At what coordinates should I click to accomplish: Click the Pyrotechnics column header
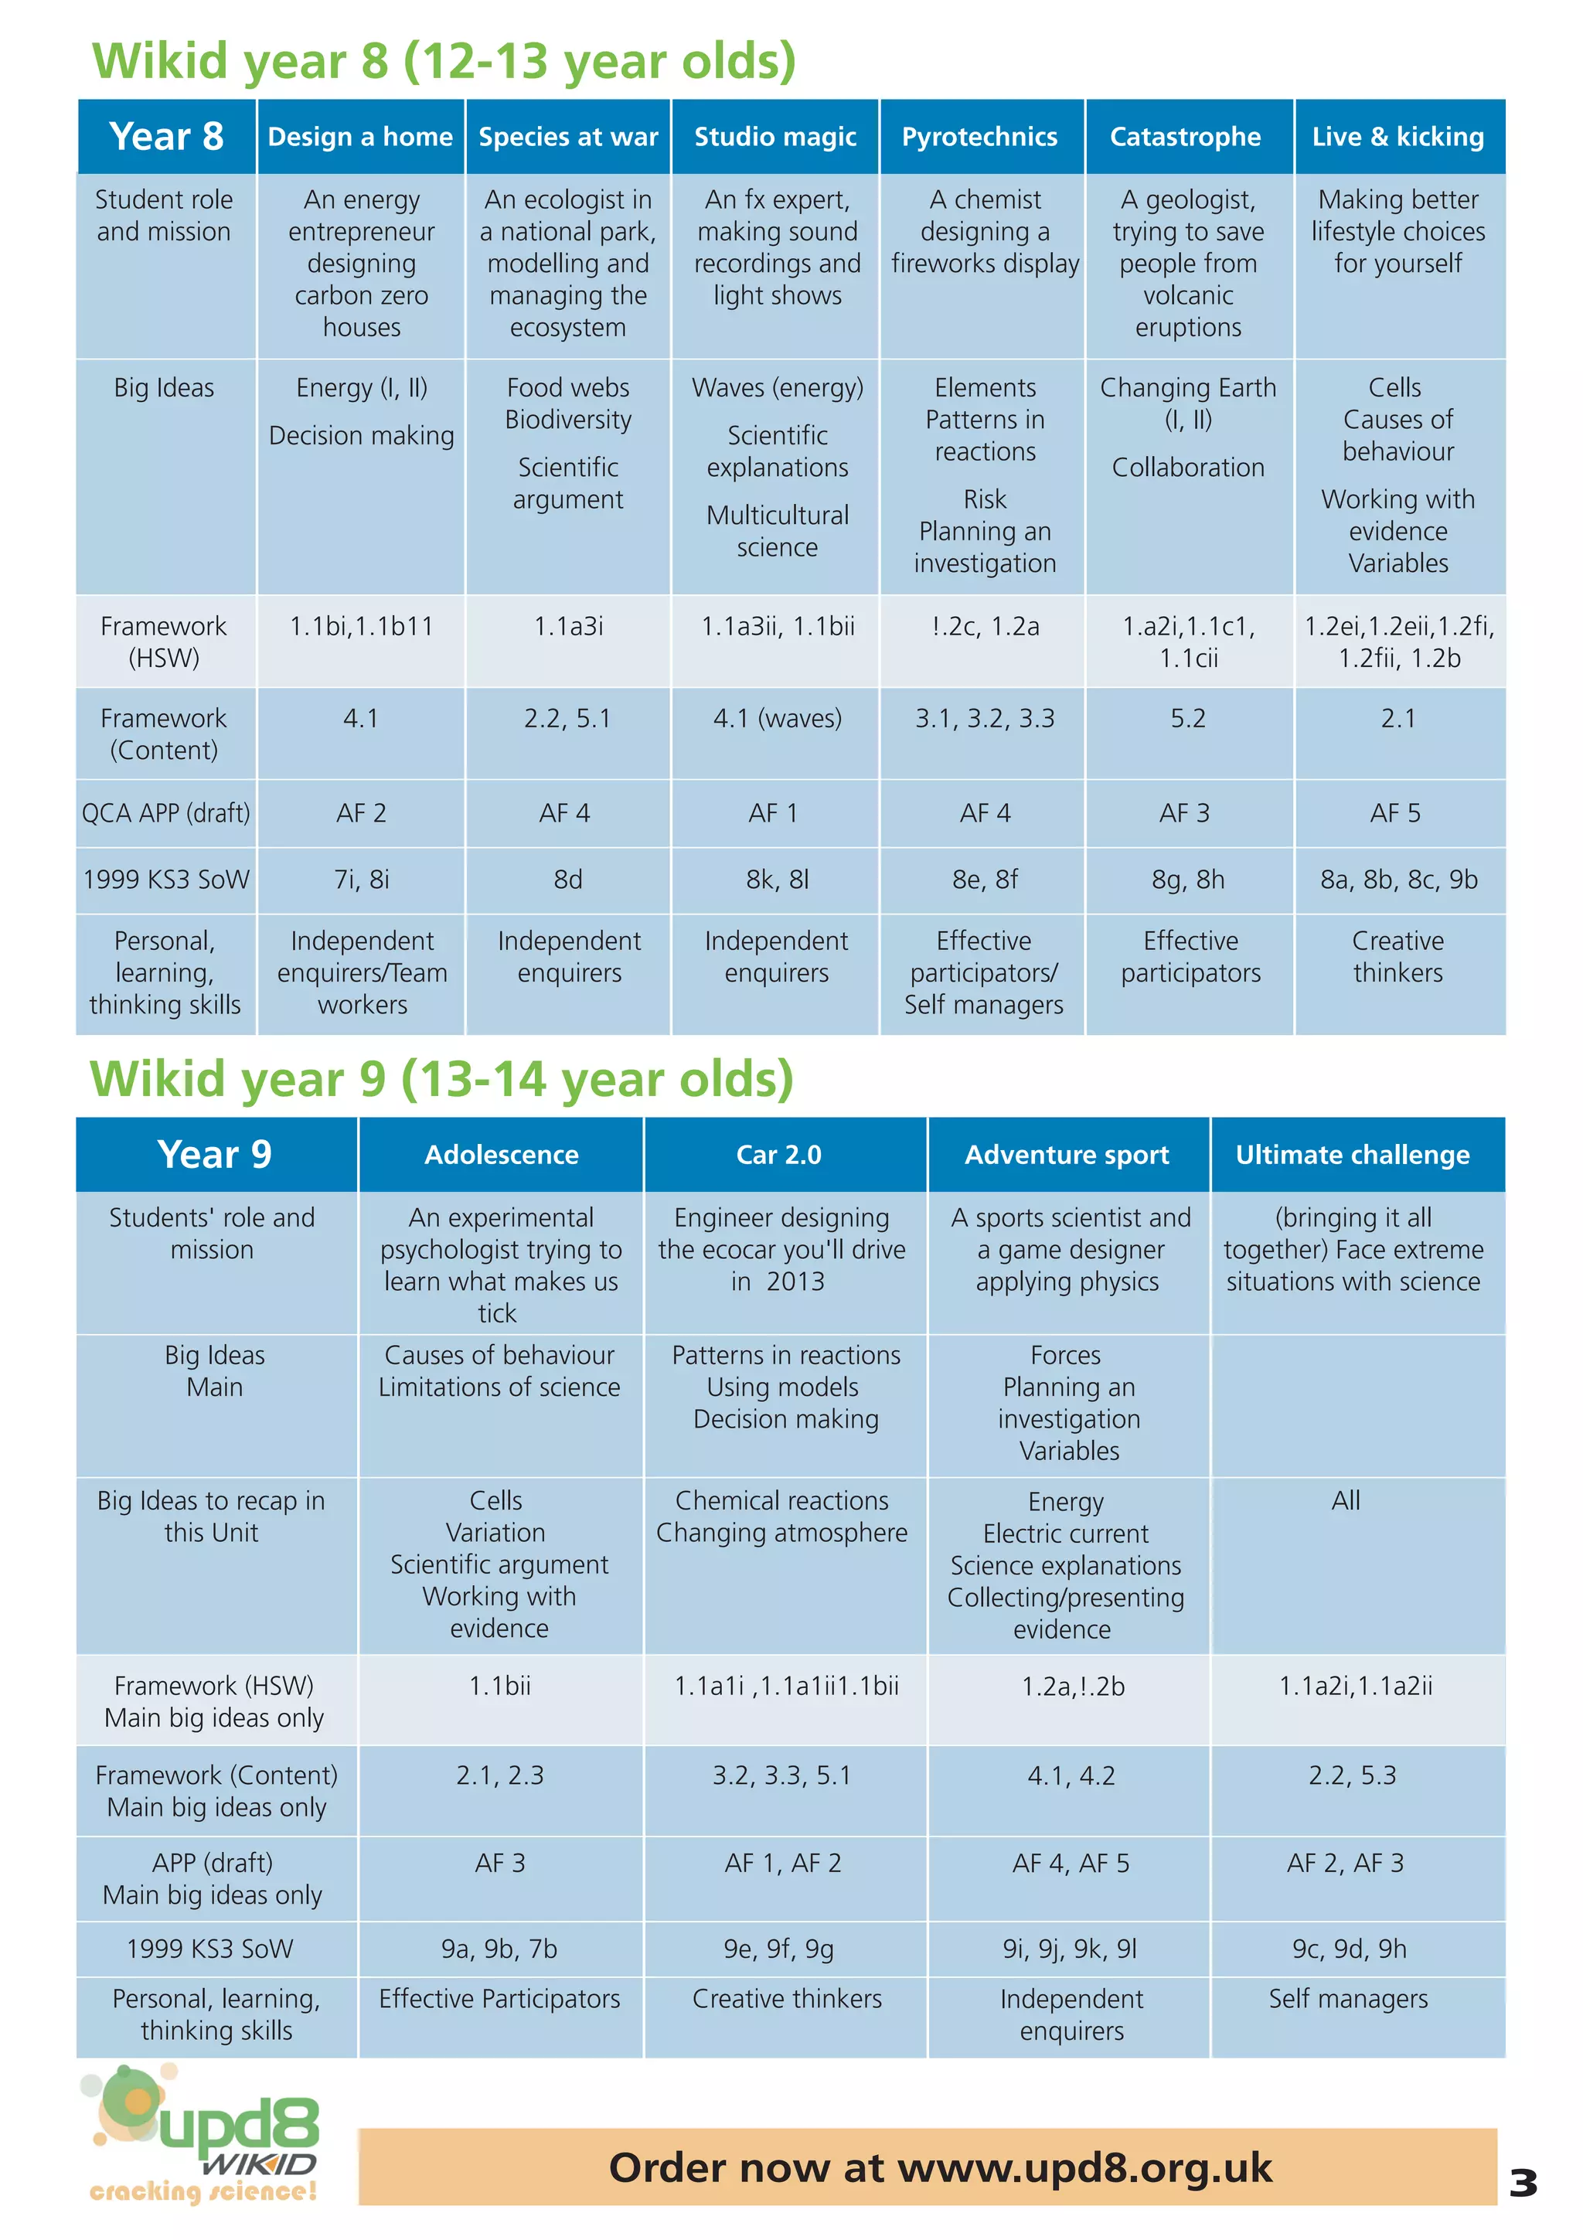point(979,137)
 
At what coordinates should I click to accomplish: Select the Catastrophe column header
point(1185,137)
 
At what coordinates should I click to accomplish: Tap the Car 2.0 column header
point(778,1154)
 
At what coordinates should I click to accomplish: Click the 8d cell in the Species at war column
point(567,879)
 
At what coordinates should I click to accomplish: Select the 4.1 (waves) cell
point(776,718)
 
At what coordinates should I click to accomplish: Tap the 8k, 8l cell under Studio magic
point(776,879)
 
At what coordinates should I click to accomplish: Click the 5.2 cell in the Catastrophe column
point(1187,718)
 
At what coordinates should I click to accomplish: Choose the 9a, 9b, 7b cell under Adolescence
point(499,1949)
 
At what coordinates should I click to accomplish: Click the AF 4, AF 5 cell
point(1070,1863)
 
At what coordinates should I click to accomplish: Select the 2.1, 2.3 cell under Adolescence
point(499,1775)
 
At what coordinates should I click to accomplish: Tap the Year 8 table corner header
point(166,137)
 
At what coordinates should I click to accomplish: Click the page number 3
point(1523,2183)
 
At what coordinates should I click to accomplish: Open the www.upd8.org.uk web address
point(1084,2168)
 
